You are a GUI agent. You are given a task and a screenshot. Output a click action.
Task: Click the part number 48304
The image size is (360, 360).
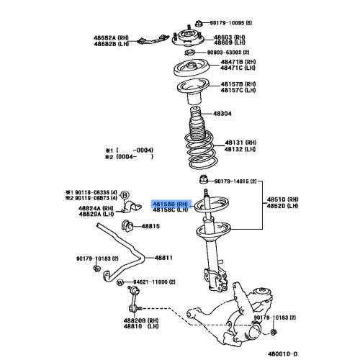pos(221,114)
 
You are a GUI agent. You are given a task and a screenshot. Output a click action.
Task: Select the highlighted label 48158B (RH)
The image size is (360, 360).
pos(171,204)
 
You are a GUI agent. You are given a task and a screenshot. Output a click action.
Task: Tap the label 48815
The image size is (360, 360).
pos(150,226)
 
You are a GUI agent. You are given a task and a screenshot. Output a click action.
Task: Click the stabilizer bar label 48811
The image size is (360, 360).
pos(165,257)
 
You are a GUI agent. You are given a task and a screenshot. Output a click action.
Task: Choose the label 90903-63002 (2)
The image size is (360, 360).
pos(230,53)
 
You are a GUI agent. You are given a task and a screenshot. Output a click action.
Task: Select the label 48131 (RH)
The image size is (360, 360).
pos(241,143)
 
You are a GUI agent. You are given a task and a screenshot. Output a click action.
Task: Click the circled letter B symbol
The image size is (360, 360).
pos(123,195)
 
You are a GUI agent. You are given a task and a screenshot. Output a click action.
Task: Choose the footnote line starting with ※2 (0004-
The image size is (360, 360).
pos(130,156)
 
